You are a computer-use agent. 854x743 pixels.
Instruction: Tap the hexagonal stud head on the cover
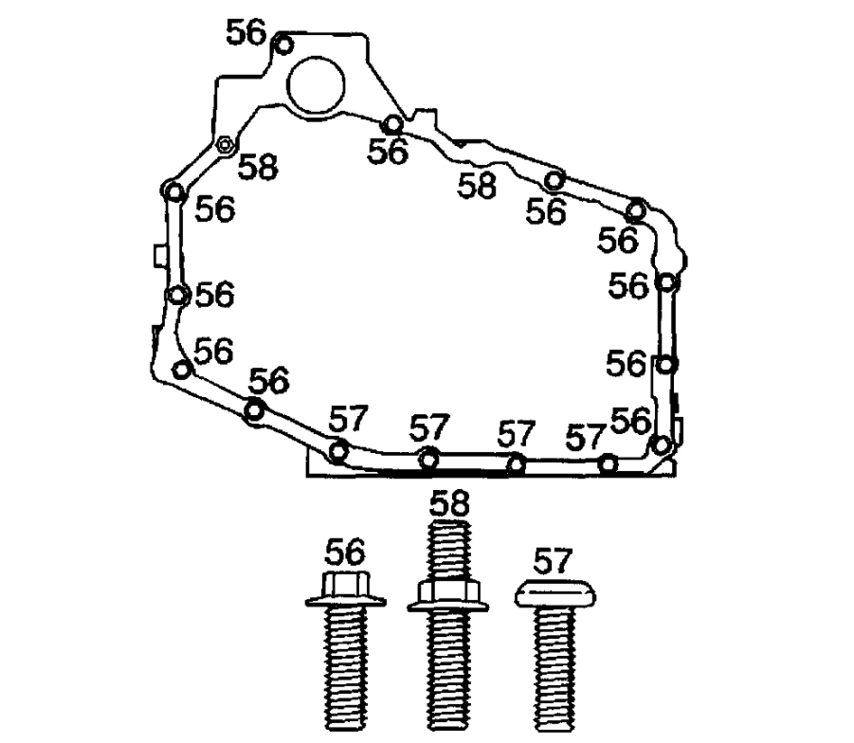(x=226, y=145)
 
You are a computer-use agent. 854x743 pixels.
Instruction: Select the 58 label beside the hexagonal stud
(x=258, y=167)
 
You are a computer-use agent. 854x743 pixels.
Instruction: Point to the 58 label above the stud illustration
(x=449, y=503)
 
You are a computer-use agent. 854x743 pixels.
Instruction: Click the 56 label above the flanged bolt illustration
(x=345, y=552)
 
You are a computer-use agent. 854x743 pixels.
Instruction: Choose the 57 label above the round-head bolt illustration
(x=553, y=561)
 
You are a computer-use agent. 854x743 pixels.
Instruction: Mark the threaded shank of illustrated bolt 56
(x=346, y=668)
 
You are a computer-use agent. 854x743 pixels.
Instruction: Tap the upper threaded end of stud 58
(x=448, y=549)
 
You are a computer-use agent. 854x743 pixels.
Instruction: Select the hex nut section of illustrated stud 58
(x=448, y=596)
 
